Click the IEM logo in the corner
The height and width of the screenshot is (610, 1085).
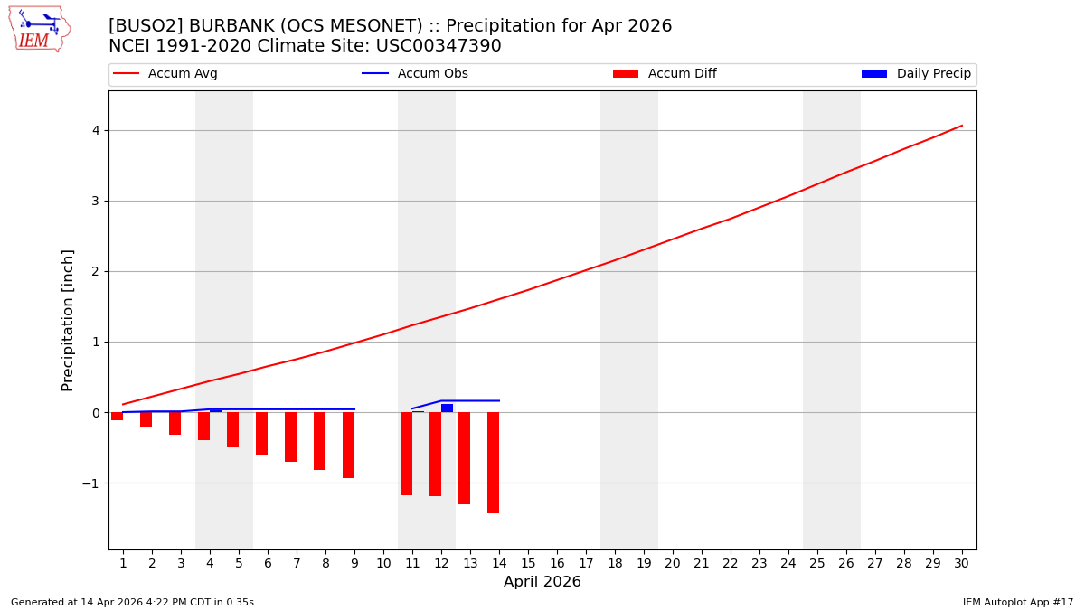[x=39, y=29]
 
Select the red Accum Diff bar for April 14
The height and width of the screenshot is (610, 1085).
[x=493, y=462]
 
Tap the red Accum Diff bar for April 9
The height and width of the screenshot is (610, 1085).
[x=348, y=445]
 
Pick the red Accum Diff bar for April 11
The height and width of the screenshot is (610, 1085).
[x=406, y=453]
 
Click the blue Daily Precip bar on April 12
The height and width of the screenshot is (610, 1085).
[x=447, y=408]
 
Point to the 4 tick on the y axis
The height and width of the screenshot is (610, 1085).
[x=95, y=130]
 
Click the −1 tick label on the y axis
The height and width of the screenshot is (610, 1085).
[x=90, y=483]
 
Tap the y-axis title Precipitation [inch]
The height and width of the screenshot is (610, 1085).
[x=68, y=320]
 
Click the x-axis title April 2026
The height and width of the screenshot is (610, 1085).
[x=542, y=582]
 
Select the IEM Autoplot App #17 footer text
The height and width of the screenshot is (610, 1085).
[x=1017, y=602]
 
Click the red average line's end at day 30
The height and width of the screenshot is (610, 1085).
[x=961, y=126]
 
